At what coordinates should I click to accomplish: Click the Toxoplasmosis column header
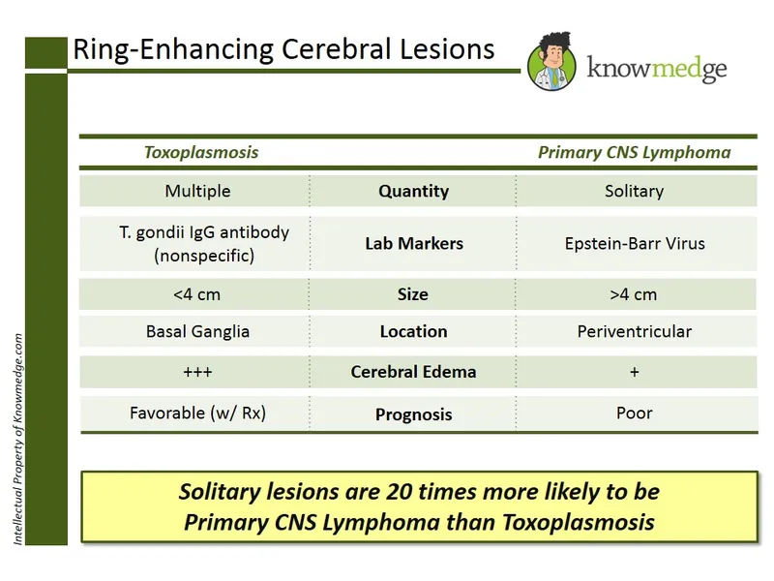(x=201, y=152)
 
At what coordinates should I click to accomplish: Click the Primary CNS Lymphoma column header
(x=634, y=152)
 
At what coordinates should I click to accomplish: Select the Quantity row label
(x=413, y=191)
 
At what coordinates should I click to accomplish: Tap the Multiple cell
(x=197, y=191)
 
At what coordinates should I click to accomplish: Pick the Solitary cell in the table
(x=634, y=191)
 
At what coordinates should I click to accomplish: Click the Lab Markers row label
(x=413, y=244)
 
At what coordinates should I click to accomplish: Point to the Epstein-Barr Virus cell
(x=635, y=243)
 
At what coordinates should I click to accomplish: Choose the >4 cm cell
(x=634, y=293)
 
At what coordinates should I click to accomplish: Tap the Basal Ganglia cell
(x=197, y=331)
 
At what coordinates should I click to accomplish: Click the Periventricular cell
(x=634, y=331)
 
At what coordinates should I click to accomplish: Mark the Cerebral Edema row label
(x=413, y=372)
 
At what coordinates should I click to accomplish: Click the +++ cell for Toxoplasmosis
(x=197, y=372)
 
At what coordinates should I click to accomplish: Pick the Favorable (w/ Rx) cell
(x=197, y=413)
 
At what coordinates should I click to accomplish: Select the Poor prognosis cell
(x=634, y=413)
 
